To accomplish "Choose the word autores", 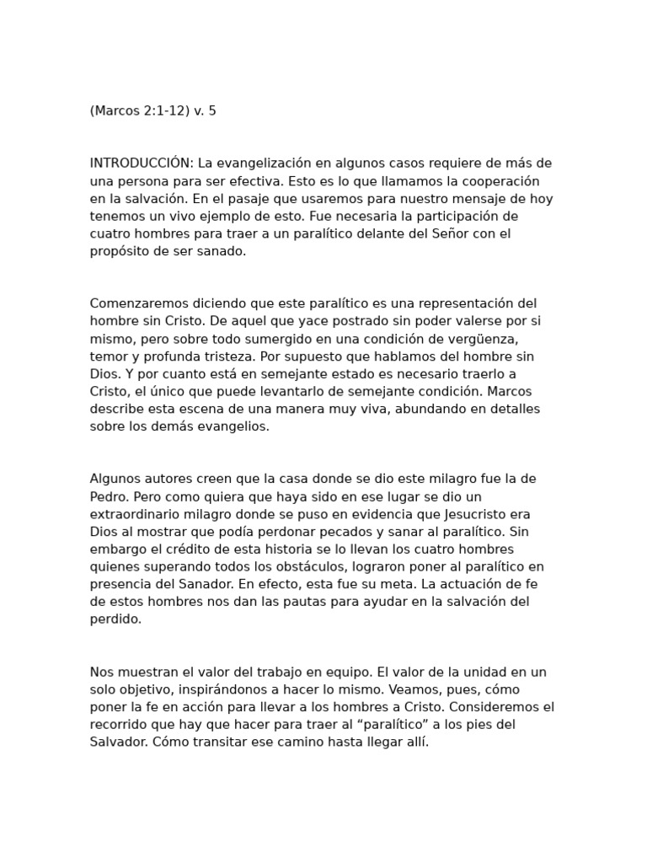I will (174, 479).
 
